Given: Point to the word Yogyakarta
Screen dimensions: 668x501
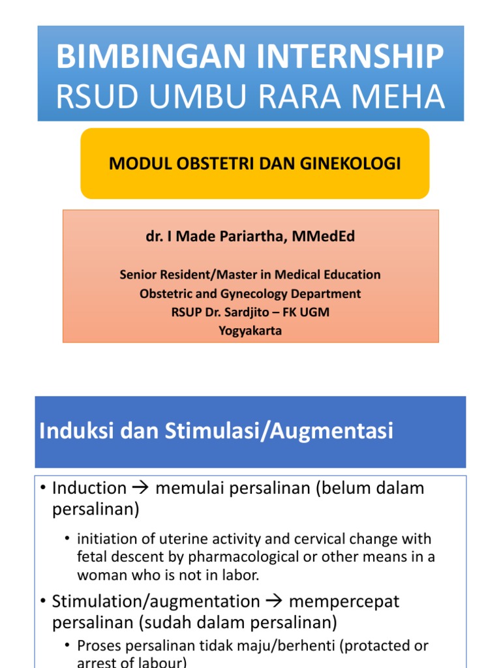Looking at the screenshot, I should click(x=250, y=331).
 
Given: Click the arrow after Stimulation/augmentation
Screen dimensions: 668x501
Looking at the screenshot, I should click(x=275, y=601).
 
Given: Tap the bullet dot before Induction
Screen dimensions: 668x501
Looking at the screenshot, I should click(x=43, y=488).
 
